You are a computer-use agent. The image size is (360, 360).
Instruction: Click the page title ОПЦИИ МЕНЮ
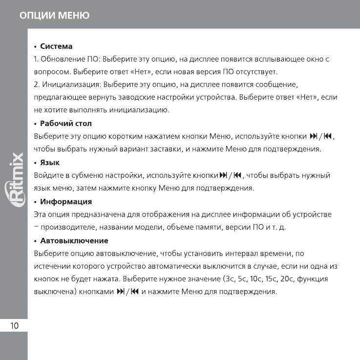54,16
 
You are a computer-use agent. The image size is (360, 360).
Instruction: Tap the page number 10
14,326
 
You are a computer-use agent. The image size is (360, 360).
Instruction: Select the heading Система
56,46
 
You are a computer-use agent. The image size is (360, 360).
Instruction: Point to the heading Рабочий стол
65,123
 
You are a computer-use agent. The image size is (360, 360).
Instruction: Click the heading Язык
49,162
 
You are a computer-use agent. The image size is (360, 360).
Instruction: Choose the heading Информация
65,201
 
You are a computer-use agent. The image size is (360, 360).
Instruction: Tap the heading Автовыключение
74,240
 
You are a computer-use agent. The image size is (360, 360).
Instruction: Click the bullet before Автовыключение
36,241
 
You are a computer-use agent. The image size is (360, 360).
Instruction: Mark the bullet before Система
36,47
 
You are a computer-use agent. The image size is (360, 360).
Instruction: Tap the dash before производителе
36,227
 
